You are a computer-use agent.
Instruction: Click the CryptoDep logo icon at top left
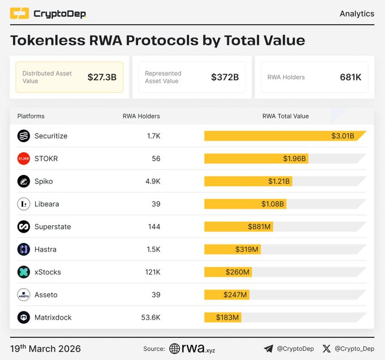tap(19, 14)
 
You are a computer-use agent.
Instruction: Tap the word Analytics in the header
tap(357, 14)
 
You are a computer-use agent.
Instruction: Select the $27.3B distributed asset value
tap(101, 77)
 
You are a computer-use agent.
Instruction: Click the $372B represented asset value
tap(225, 77)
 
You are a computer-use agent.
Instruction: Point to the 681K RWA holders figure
tap(350, 77)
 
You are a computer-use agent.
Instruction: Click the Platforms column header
tap(31, 116)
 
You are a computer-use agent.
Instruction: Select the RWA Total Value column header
tap(285, 116)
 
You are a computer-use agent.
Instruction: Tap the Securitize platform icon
tap(23, 136)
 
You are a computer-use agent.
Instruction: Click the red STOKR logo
tap(23, 158)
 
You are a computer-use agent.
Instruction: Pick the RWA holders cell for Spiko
tap(153, 181)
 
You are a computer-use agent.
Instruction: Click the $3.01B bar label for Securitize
tap(343, 136)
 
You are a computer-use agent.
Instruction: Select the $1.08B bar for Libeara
tap(245, 204)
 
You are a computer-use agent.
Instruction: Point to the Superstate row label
tap(53, 226)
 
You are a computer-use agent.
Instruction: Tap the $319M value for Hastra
tap(247, 249)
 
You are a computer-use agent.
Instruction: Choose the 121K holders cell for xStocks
tap(152, 272)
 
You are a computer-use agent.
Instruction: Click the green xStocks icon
tap(23, 272)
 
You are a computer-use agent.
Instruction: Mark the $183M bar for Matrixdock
tap(223, 317)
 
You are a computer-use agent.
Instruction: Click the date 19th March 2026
tap(45, 348)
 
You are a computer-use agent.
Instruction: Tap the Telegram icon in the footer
tap(268, 349)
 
